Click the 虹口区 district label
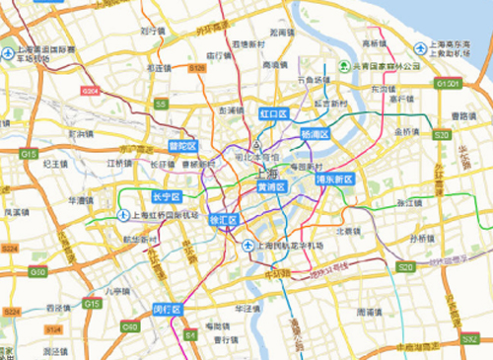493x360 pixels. pos(272,114)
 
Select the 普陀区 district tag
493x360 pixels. pos(180,145)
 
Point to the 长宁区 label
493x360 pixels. pos(167,195)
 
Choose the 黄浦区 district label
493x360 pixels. pos(270,186)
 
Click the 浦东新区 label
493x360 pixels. pos(334,181)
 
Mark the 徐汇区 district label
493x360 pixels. pos(224,219)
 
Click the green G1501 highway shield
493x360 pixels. pos(448,84)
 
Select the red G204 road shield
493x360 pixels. pos(92,91)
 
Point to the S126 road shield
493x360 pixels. pos(197,68)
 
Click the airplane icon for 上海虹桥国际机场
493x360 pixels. pos(122,215)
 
